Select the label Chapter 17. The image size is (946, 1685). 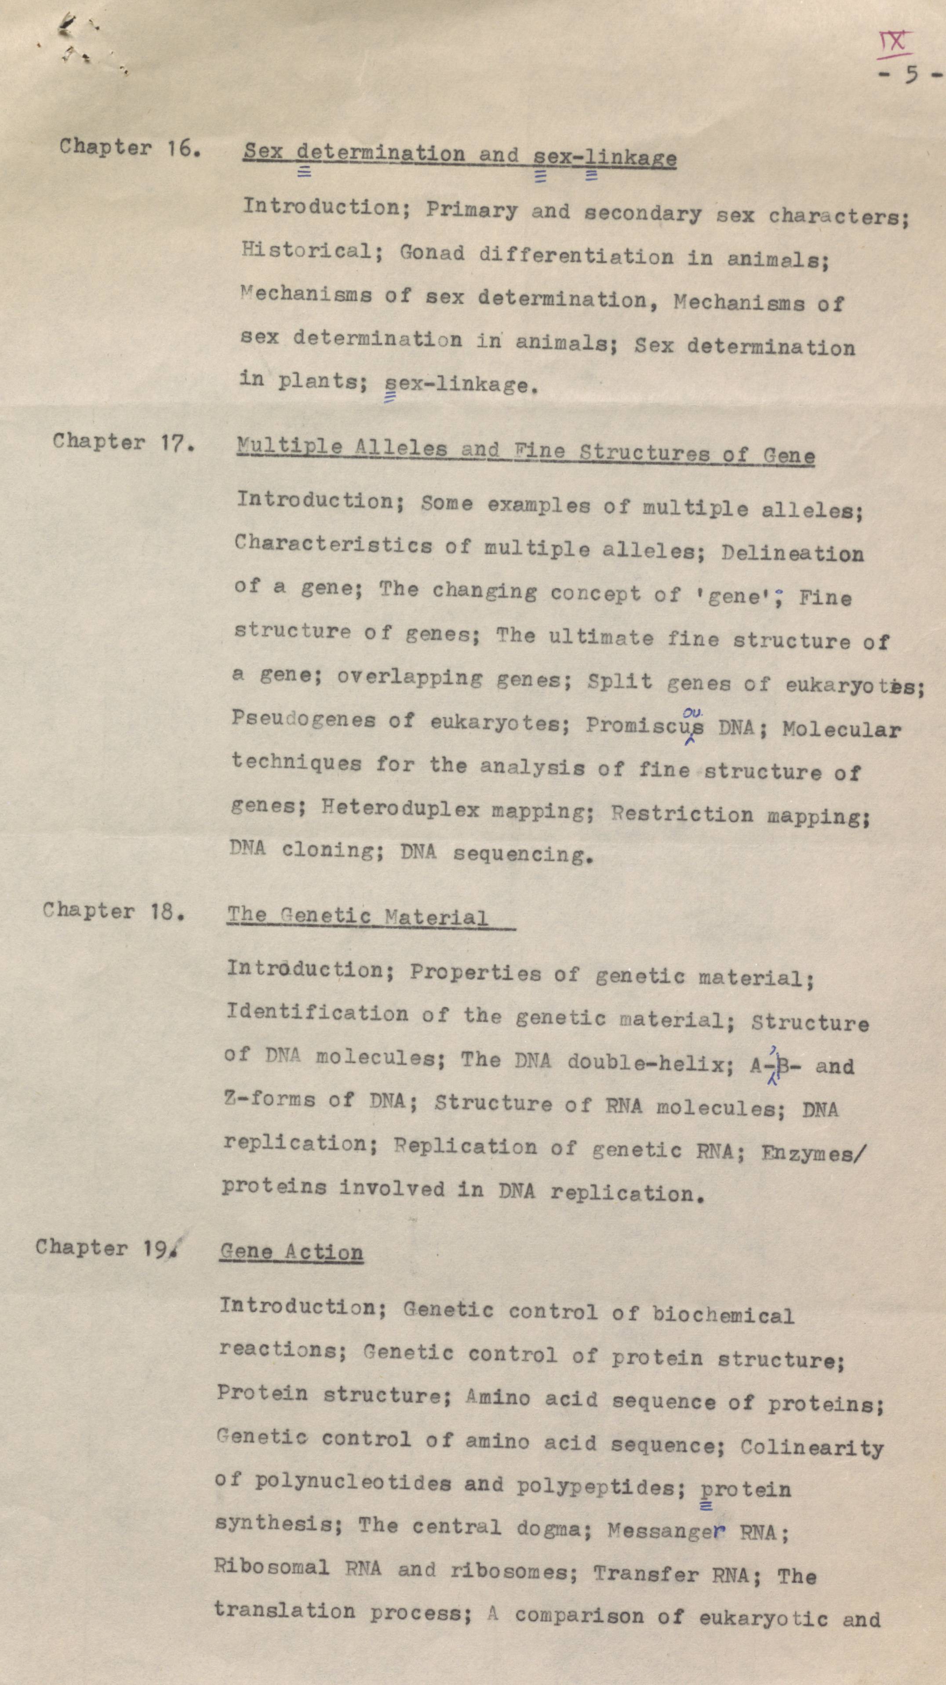click(x=124, y=442)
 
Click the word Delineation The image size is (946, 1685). click(x=792, y=553)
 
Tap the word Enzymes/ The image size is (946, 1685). click(x=813, y=1153)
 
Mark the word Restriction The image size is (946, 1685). click(x=682, y=814)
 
